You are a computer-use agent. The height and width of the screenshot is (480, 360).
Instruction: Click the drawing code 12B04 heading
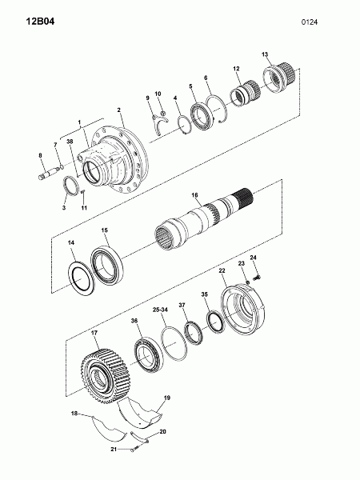pyautogui.click(x=40, y=22)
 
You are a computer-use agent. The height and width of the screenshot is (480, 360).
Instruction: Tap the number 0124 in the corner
pyautogui.click(x=310, y=22)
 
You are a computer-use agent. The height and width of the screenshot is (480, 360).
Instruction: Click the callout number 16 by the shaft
pyautogui.click(x=194, y=195)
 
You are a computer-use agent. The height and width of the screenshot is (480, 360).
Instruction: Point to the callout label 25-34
pyautogui.click(x=161, y=310)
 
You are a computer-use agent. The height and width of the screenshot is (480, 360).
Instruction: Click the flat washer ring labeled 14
pyautogui.click(x=81, y=278)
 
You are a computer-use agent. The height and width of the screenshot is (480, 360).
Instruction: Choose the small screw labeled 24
pyautogui.click(x=258, y=278)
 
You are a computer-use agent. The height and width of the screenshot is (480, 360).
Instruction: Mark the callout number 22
pyautogui.click(x=222, y=270)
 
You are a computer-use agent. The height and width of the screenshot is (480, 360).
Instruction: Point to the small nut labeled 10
pyautogui.click(x=163, y=113)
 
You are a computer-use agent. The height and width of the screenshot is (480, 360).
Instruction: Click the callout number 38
pyautogui.click(x=70, y=141)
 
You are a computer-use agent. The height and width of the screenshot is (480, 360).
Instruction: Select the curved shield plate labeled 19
pyautogui.click(x=140, y=412)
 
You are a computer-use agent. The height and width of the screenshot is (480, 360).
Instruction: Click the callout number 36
pyautogui.click(x=134, y=321)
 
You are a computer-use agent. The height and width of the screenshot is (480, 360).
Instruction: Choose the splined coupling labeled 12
pyautogui.click(x=246, y=92)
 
